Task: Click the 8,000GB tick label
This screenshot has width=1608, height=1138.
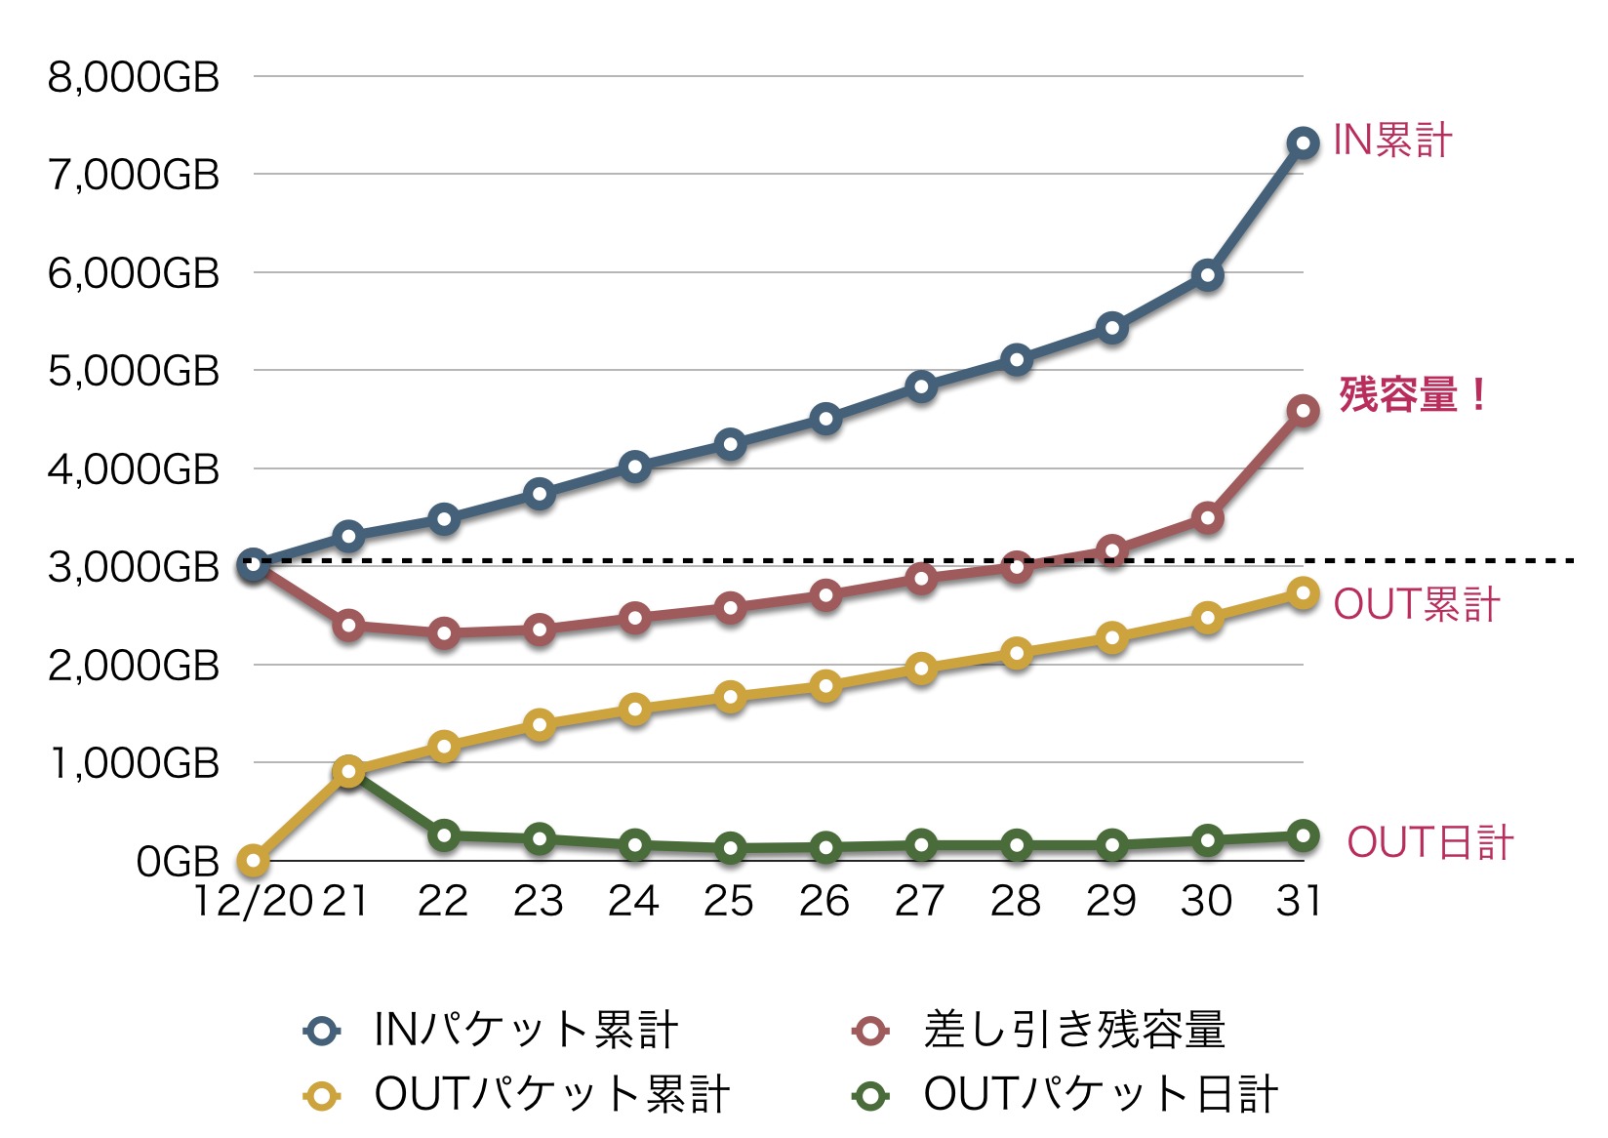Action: (x=134, y=77)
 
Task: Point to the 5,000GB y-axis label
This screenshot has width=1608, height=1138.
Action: (x=134, y=371)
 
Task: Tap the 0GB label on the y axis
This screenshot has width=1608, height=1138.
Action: (x=178, y=862)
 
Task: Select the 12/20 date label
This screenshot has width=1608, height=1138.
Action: (x=253, y=901)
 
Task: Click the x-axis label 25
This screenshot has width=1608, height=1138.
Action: (x=730, y=901)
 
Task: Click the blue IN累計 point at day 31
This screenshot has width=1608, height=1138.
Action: (x=1303, y=143)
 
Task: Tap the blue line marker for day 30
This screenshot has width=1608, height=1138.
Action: (x=1208, y=275)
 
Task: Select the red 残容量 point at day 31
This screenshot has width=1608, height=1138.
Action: (x=1303, y=411)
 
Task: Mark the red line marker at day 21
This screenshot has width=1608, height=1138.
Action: (x=348, y=625)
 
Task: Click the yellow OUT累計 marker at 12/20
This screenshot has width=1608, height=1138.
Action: (x=253, y=861)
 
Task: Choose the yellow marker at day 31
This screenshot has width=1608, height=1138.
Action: (x=1303, y=593)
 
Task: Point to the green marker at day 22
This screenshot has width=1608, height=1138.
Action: (x=444, y=835)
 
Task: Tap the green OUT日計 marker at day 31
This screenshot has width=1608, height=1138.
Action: (x=1303, y=835)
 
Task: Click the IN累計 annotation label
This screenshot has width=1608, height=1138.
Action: (x=1392, y=141)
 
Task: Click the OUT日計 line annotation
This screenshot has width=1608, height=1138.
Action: (x=1429, y=842)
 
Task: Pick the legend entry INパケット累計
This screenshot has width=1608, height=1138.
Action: (x=525, y=1030)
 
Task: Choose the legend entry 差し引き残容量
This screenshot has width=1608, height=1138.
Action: (x=1073, y=1030)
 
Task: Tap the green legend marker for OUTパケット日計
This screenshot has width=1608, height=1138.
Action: (x=870, y=1095)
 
